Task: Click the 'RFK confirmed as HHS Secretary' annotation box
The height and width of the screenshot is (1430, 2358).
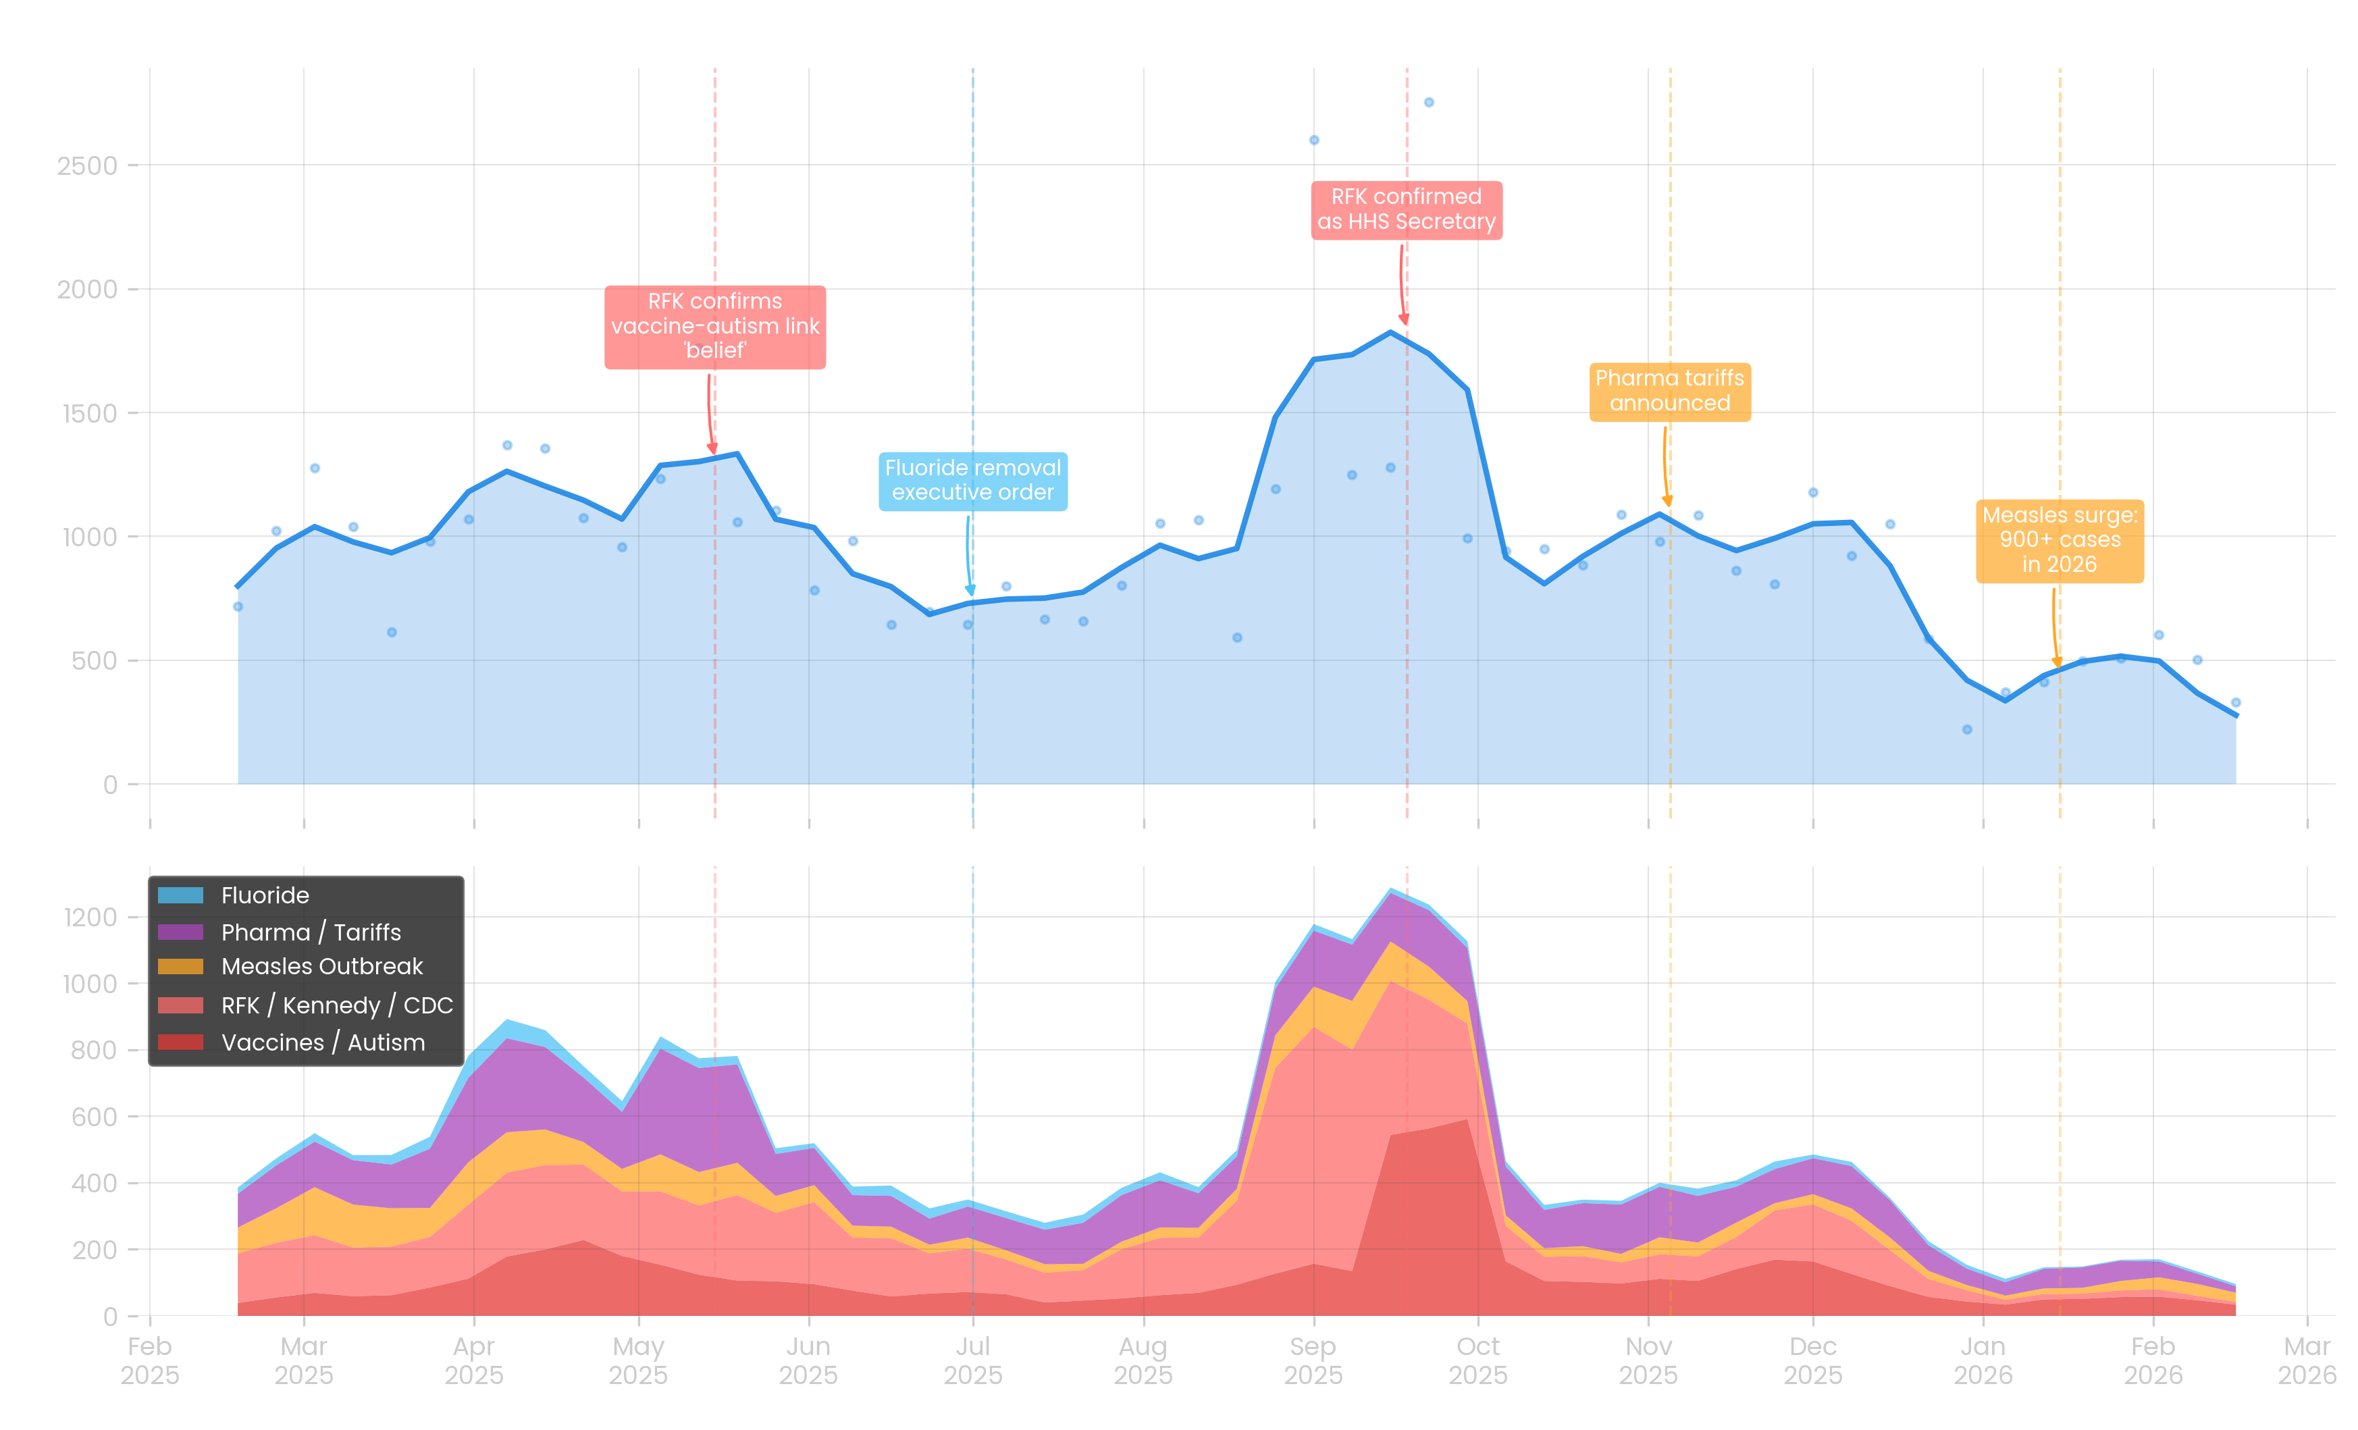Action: pos(1406,209)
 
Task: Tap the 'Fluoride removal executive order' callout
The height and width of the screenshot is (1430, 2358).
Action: pos(972,481)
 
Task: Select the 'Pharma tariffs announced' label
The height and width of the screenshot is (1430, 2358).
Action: pos(1669,390)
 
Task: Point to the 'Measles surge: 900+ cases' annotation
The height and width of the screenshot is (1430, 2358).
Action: pos(2060,540)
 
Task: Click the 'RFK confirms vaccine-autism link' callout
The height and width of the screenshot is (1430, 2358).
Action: pos(715,326)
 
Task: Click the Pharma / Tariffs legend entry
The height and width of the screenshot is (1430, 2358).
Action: pos(310,932)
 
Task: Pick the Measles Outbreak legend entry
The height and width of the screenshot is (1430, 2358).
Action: pos(321,967)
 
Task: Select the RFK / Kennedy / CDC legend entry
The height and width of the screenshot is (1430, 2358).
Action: pos(336,1006)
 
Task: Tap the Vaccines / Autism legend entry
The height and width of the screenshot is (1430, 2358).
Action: pos(323,1042)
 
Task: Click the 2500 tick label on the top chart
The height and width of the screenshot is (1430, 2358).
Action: pos(87,165)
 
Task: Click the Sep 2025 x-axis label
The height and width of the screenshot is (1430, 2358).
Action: pos(1313,1360)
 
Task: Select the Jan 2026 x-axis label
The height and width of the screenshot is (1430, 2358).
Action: pos(1983,1360)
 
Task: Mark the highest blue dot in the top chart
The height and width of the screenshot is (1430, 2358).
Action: pos(1429,103)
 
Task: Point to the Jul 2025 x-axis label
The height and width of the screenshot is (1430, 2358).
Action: pos(972,1360)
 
